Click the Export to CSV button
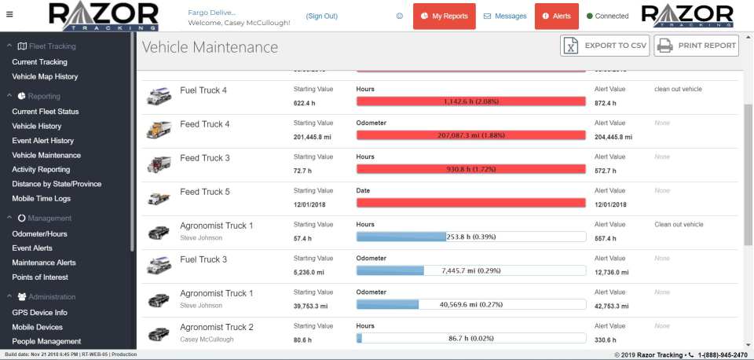pyautogui.click(x=604, y=46)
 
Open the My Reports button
pyautogui.click(x=444, y=16)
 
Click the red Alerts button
pyautogui.click(x=556, y=16)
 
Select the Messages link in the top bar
pyautogui.click(x=504, y=16)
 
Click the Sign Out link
pyautogui.click(x=321, y=16)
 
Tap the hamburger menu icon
pyautogui.click(x=9, y=15)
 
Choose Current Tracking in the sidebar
pyautogui.click(x=39, y=62)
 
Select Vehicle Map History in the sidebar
pyautogui.click(x=45, y=77)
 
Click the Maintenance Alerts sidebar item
pyautogui.click(x=44, y=263)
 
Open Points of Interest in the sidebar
pyautogui.click(x=40, y=277)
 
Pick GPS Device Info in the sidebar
pyautogui.click(x=39, y=313)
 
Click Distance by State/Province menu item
pyautogui.click(x=57, y=184)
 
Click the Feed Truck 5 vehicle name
pyautogui.click(x=205, y=192)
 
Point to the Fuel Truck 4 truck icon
pyautogui.click(x=159, y=97)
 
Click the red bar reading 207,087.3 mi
pyautogui.click(x=471, y=135)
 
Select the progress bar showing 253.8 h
pyautogui.click(x=471, y=237)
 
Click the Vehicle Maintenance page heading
pyautogui.click(x=210, y=47)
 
